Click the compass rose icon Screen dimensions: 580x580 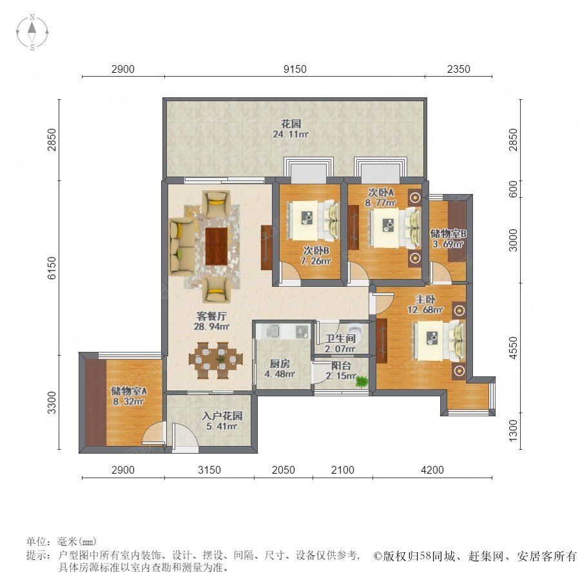click(32, 32)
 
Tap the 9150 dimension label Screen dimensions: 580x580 click(295, 69)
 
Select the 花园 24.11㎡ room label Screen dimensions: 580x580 click(291, 129)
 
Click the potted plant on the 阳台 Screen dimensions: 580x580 click(362, 382)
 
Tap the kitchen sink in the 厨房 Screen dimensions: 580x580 click(273, 331)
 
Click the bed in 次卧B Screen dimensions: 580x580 click(314, 220)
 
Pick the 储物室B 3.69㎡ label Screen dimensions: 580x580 click(448, 238)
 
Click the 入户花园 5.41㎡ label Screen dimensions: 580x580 click(222, 421)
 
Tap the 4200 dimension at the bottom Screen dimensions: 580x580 click(432, 470)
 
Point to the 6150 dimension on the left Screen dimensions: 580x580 click(52, 268)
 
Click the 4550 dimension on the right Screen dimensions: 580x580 click(513, 348)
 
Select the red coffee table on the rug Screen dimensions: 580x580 click(217, 246)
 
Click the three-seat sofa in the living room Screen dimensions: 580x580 click(181, 246)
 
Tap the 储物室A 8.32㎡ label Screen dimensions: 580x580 click(129, 396)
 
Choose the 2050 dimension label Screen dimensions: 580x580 click(284, 470)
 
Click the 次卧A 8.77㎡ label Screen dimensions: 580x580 click(381, 197)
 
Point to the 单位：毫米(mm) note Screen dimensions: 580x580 click(61, 542)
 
